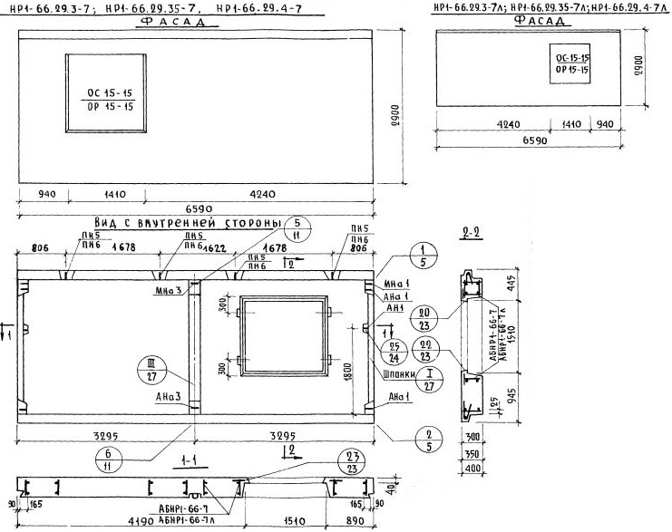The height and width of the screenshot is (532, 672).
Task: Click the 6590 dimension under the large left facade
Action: tap(197, 208)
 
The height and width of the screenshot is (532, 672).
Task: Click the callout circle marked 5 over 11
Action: tap(297, 230)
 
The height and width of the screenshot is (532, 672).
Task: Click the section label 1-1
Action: tap(190, 462)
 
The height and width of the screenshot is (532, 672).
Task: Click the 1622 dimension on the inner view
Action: tap(215, 247)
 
